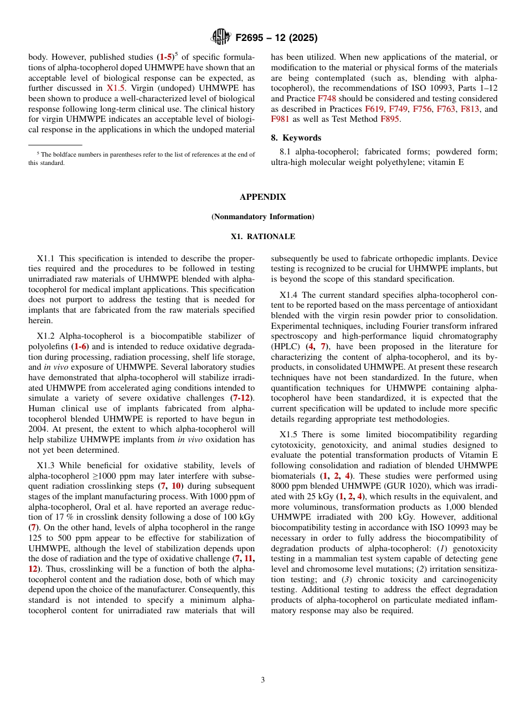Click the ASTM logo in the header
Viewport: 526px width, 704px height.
(x=220, y=37)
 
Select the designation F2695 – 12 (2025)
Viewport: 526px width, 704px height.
(x=276, y=38)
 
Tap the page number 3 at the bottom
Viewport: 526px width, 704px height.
(x=263, y=680)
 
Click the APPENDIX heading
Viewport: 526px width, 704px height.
(x=263, y=197)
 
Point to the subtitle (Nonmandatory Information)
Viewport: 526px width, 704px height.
(x=263, y=216)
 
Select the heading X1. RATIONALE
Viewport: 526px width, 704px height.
(x=263, y=236)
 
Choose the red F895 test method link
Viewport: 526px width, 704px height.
(x=390, y=119)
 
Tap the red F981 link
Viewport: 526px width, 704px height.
(x=280, y=119)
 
